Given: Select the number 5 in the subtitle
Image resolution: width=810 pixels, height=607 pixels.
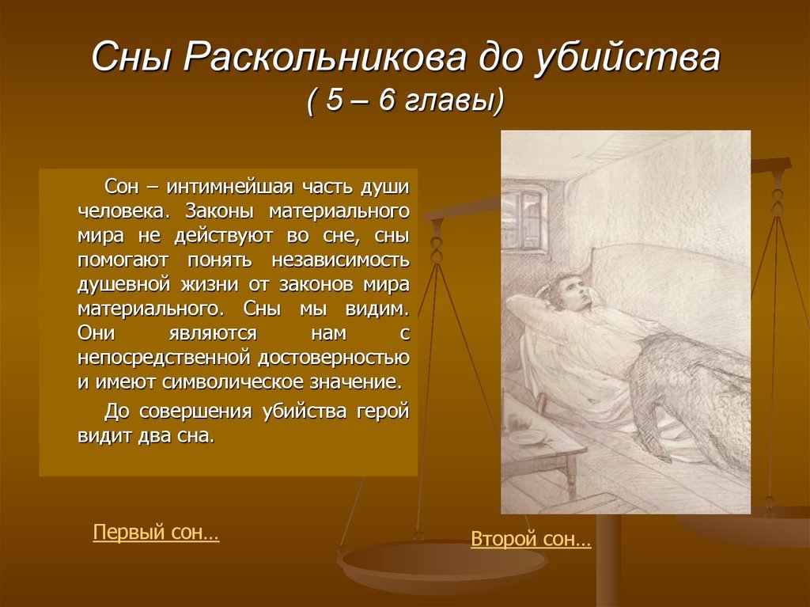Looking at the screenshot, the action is pyautogui.click(x=335, y=100).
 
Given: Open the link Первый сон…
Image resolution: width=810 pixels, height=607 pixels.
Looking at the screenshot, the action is pyautogui.click(x=156, y=532).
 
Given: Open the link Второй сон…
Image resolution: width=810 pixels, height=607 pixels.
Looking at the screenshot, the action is pyautogui.click(x=531, y=539).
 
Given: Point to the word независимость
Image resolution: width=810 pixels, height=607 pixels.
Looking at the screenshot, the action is pyautogui.click(x=341, y=260).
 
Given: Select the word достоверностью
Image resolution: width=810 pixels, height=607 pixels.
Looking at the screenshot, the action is pyautogui.click(x=334, y=358).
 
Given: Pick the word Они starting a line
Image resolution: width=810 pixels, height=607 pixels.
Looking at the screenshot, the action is pyautogui.click(x=96, y=332).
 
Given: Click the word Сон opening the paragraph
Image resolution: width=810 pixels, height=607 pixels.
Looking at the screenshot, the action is pyautogui.click(x=121, y=186).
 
